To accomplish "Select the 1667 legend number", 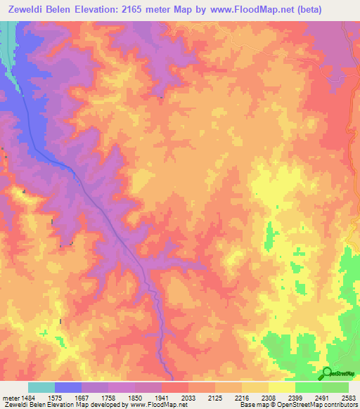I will tap(93, 397).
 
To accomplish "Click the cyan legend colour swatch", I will tap(41, 387).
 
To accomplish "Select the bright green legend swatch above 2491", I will tap(308, 387).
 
